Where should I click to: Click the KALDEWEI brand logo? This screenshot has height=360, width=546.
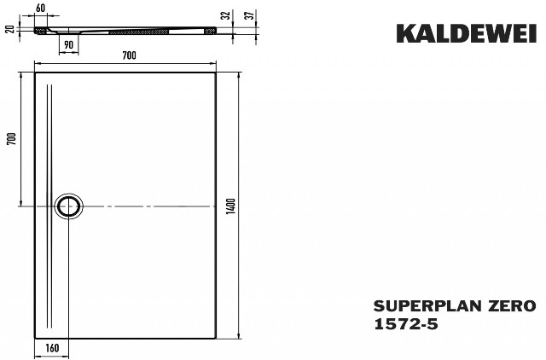click(x=467, y=34)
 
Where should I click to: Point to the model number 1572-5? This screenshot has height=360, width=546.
click(x=406, y=324)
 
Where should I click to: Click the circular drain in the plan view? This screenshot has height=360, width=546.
click(x=68, y=206)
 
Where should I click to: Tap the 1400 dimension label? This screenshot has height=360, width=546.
click(x=231, y=206)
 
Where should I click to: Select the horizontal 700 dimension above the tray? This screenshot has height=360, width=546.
click(x=129, y=55)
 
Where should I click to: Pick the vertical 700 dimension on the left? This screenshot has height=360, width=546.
click(x=12, y=139)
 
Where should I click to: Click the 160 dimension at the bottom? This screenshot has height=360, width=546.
click(x=52, y=348)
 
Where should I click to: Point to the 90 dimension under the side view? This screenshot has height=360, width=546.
click(x=69, y=45)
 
